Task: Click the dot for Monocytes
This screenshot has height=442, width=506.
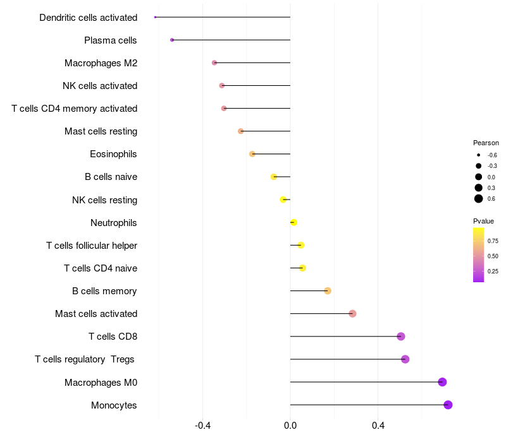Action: point(448,405)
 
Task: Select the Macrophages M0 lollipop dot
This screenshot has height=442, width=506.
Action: point(442,382)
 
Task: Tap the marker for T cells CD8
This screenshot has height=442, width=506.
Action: point(400,337)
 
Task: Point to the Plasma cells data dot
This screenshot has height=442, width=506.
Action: point(172,40)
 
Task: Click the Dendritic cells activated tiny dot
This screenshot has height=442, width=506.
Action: point(155,17)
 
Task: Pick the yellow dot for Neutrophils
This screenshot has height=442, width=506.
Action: point(293,222)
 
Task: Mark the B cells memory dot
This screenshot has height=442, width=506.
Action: point(328,290)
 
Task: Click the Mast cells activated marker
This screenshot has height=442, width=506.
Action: point(352,314)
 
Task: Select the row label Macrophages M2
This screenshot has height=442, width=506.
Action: point(101,63)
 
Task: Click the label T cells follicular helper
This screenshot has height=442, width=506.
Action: point(92,246)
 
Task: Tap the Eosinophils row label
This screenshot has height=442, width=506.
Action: point(113,154)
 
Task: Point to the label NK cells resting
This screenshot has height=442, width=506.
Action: point(104,200)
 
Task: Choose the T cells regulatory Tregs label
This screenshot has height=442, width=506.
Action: point(85,359)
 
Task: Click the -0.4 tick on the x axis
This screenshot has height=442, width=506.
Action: point(202,426)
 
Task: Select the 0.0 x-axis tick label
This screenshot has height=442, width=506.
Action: point(290,426)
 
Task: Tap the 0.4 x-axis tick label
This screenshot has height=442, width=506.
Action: point(378,426)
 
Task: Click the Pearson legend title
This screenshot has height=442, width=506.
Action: point(486,143)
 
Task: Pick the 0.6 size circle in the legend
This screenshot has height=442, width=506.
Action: point(479,199)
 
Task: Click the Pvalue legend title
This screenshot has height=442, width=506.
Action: point(483,221)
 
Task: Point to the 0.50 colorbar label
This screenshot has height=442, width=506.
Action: point(493,256)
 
